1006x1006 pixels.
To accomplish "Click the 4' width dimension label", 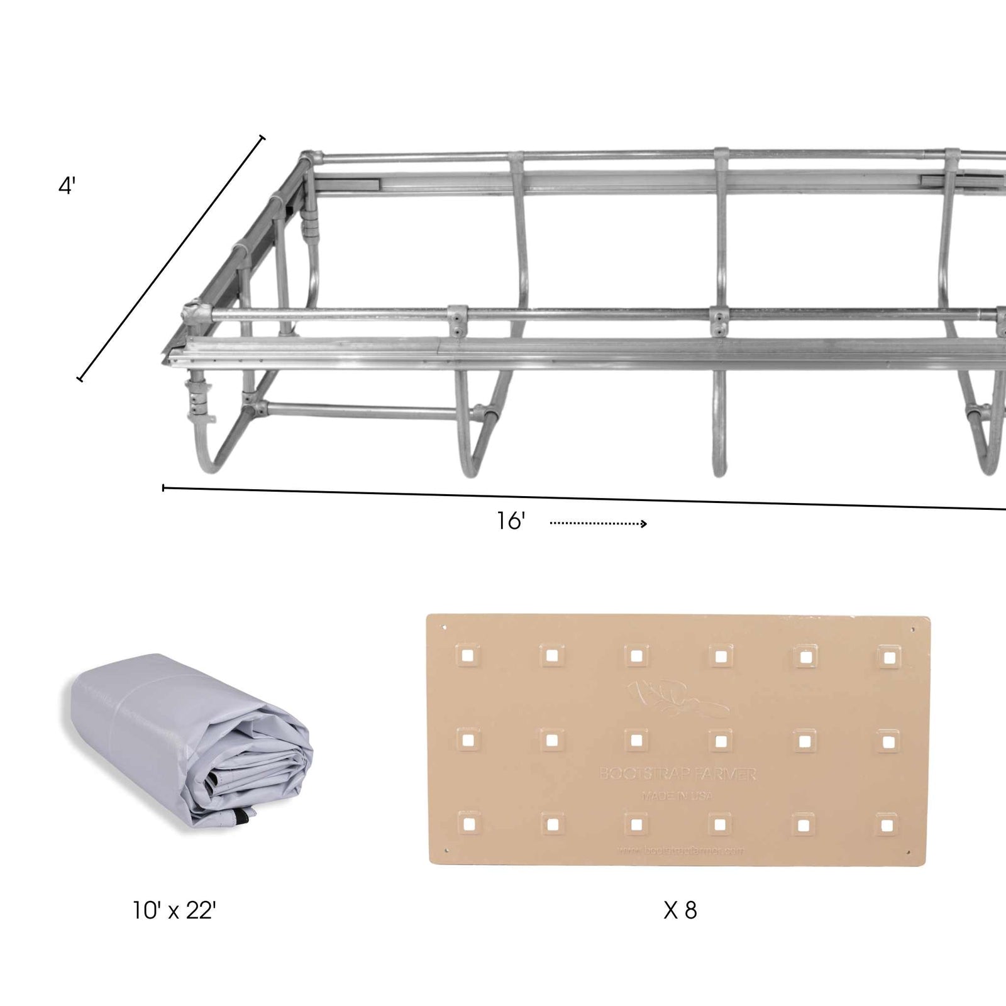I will point(67,187).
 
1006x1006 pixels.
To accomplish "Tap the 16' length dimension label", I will point(511,521).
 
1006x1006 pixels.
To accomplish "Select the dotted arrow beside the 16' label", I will point(598,523).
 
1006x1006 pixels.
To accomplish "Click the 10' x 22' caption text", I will point(174,910).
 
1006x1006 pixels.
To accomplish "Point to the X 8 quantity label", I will point(680,910).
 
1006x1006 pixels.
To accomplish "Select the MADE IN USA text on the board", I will point(677,796).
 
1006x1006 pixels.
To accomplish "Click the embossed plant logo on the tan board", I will point(676,698).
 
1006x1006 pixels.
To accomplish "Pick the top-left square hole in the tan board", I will point(468,656).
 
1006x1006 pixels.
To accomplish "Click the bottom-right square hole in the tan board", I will point(887,824).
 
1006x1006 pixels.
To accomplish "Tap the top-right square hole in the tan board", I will point(888,658).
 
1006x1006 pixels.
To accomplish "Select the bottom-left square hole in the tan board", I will point(468,823).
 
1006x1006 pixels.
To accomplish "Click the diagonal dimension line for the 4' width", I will point(171,258).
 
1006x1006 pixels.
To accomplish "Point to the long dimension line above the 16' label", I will point(566,497).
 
